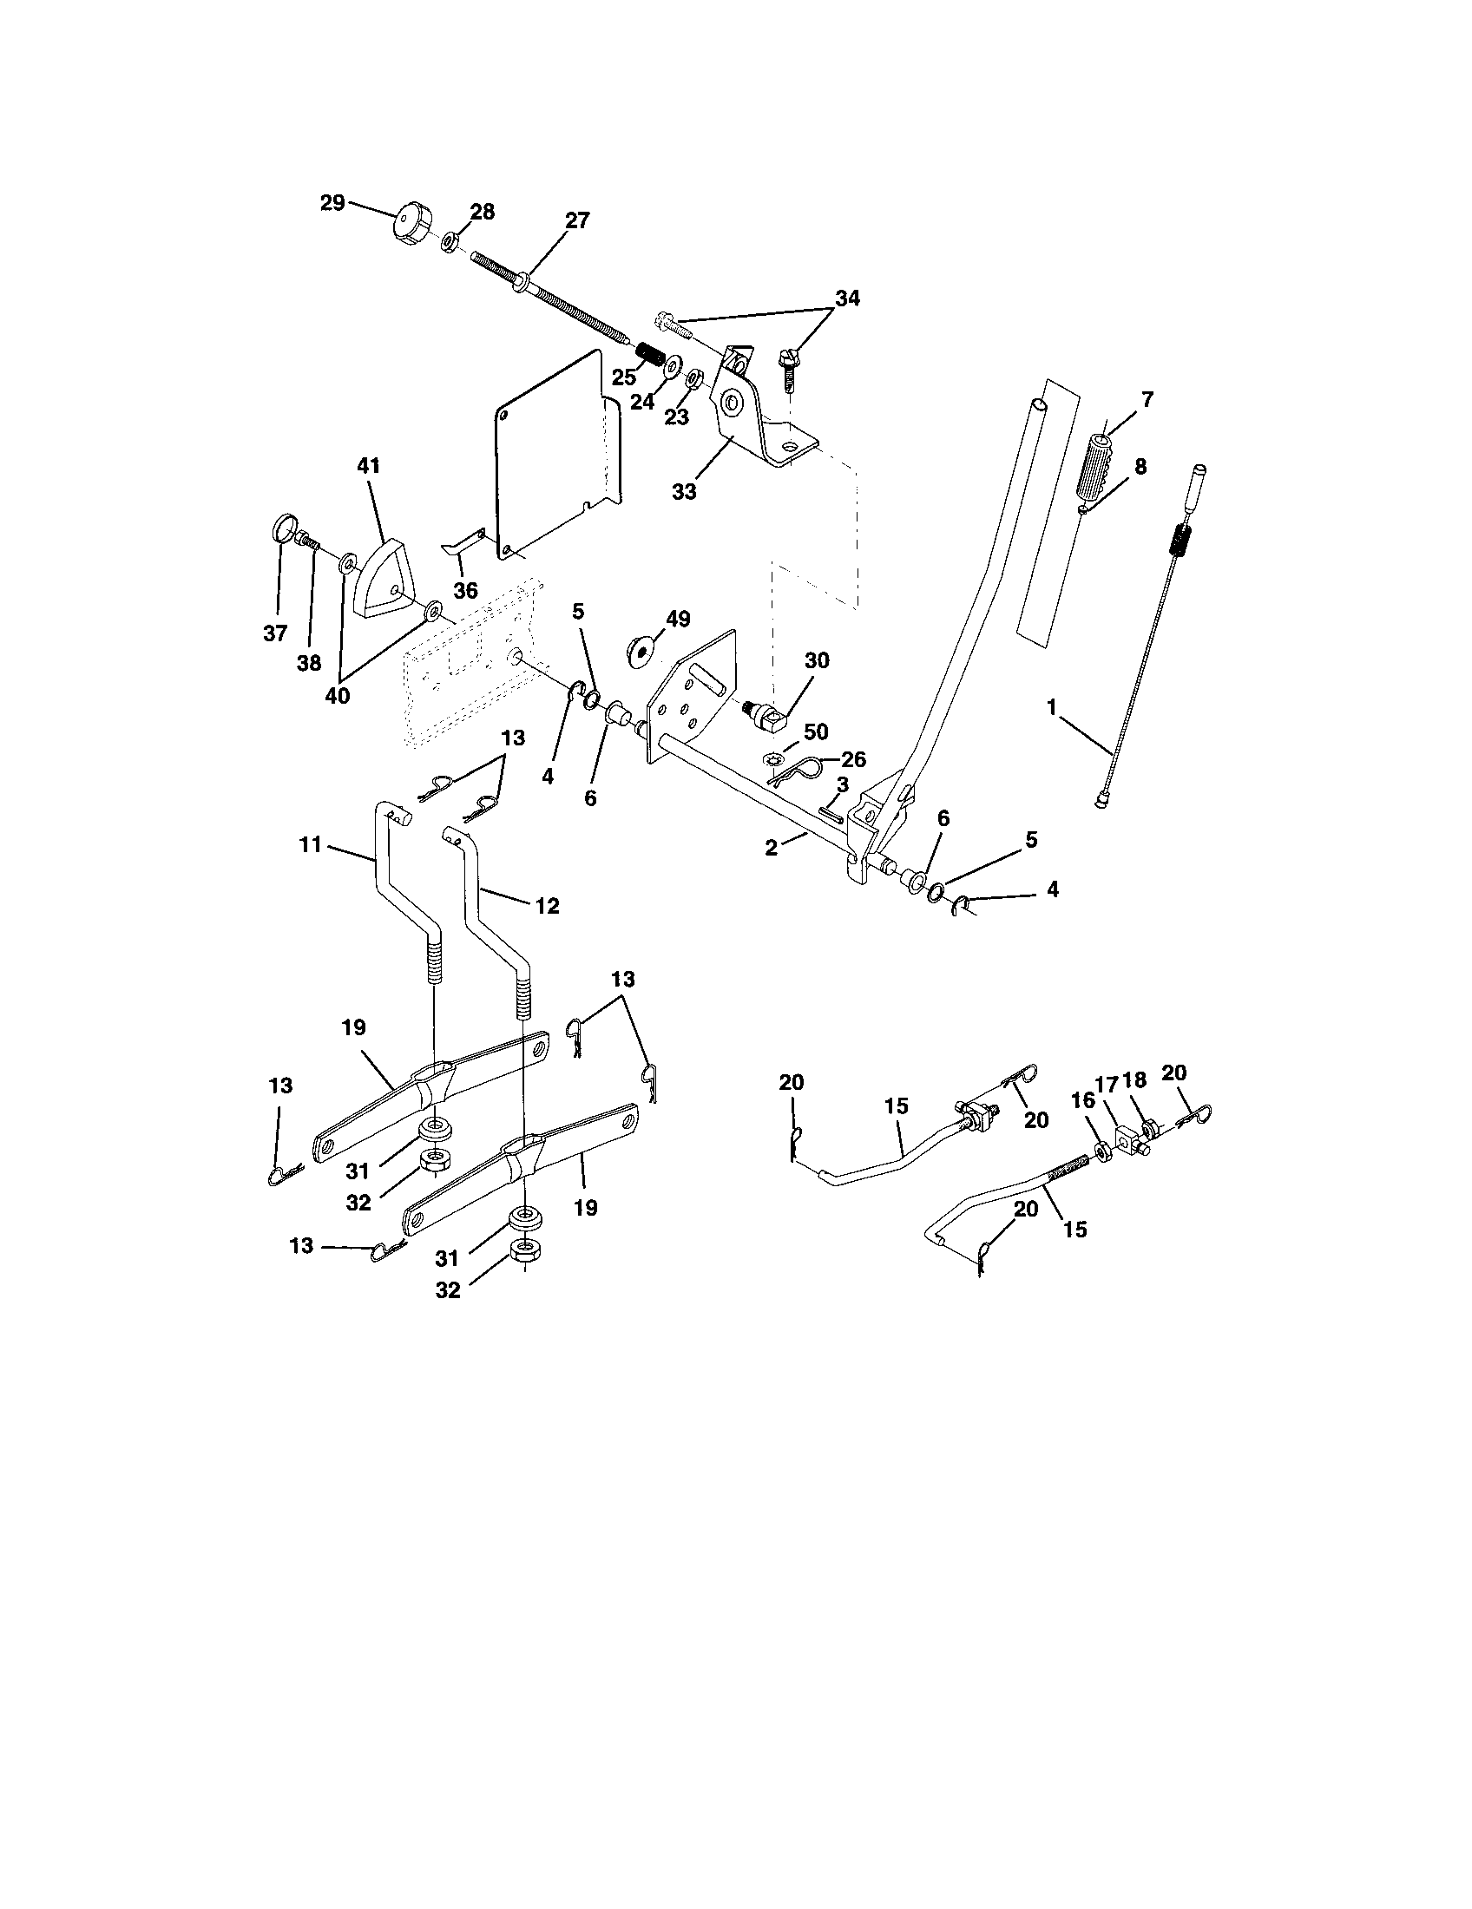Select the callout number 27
[577, 220]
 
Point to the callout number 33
[685, 492]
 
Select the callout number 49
[678, 619]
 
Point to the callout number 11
[311, 844]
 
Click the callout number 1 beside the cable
[1052, 705]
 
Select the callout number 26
[852, 759]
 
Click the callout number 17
[1107, 1085]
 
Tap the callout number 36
[465, 591]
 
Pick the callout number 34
[846, 299]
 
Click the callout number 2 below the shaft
[771, 847]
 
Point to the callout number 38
[309, 664]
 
